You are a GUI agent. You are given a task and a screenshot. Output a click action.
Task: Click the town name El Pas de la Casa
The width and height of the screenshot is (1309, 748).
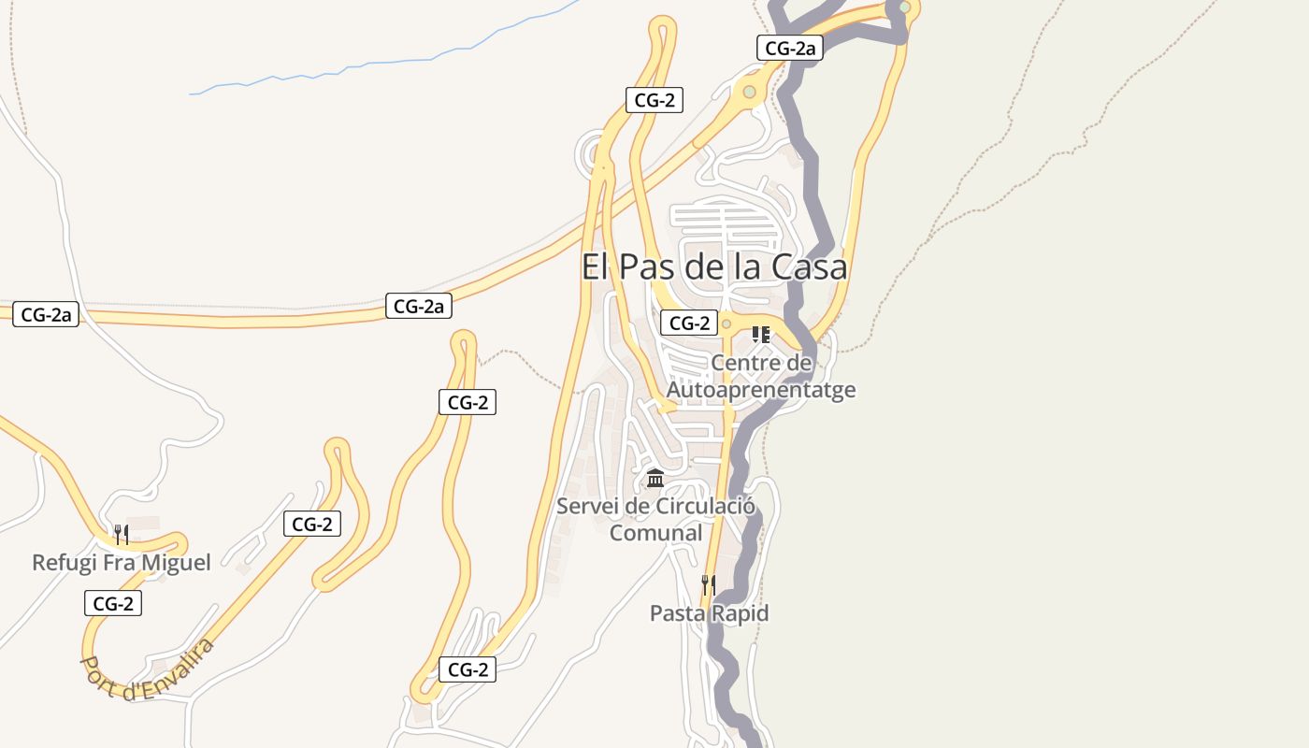point(714,266)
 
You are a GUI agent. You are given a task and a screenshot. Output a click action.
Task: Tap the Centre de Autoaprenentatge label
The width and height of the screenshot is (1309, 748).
point(761,376)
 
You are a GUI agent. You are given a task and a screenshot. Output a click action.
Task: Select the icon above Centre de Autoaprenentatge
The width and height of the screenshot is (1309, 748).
point(761,334)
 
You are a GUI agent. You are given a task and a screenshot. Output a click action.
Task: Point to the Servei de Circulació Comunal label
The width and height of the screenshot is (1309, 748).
point(655,519)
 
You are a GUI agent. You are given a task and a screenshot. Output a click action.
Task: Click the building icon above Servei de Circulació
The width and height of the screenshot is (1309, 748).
point(655,480)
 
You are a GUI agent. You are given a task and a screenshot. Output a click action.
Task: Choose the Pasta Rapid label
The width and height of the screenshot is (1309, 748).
point(710,613)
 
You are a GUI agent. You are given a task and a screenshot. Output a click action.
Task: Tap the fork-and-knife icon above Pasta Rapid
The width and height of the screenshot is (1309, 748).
point(709,585)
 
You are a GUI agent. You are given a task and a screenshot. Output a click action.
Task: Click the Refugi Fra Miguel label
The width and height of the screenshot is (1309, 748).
point(122,562)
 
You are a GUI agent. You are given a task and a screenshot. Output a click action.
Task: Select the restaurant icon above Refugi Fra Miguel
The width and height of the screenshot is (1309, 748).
point(122,535)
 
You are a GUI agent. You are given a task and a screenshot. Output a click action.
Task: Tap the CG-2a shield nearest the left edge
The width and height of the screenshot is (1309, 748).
point(46,315)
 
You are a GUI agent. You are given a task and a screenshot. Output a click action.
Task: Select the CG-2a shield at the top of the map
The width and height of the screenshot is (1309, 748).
point(790,49)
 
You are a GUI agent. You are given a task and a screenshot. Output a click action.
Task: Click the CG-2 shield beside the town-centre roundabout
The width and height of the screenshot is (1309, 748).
point(689,324)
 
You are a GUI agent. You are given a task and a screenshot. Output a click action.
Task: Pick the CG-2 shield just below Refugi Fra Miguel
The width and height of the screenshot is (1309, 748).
point(113,604)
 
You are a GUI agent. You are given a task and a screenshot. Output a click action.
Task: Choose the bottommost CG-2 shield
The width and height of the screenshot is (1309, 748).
point(468,669)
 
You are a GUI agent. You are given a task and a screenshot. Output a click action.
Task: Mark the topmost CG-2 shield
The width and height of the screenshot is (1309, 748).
point(654,100)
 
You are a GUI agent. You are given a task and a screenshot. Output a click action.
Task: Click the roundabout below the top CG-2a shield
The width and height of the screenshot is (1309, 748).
point(749,92)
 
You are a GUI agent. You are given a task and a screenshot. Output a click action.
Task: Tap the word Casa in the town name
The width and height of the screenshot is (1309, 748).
point(810,266)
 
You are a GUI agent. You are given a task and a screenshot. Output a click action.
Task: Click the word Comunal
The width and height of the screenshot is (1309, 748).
point(655,533)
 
